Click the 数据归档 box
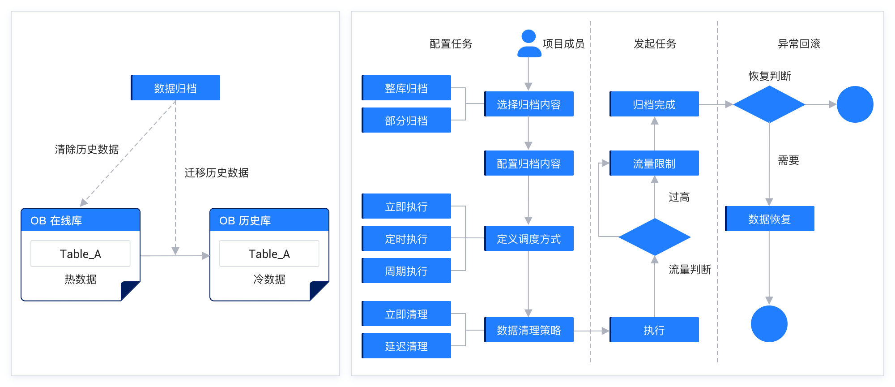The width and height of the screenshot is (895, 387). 175,88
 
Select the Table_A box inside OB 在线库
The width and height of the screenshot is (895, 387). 81,254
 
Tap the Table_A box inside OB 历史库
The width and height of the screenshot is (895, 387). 269,254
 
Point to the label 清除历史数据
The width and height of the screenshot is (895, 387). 87,150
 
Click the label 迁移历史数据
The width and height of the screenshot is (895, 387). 217,172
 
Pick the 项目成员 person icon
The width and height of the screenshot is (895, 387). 529,43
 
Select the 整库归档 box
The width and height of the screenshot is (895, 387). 406,88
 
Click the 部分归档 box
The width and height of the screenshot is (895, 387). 406,120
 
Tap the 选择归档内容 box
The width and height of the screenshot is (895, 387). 529,104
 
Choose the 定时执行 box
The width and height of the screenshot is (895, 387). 406,238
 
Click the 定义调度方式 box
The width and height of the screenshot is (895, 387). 529,238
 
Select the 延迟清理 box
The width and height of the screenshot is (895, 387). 406,346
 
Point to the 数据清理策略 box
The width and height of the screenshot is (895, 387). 529,330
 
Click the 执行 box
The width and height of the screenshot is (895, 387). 654,330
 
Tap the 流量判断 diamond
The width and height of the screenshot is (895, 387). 654,237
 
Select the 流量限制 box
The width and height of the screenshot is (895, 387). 654,163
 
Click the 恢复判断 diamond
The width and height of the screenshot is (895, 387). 769,104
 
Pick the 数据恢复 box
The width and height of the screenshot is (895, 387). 770,219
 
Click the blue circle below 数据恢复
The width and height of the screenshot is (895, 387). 769,324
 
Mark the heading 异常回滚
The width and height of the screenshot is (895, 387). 799,43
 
